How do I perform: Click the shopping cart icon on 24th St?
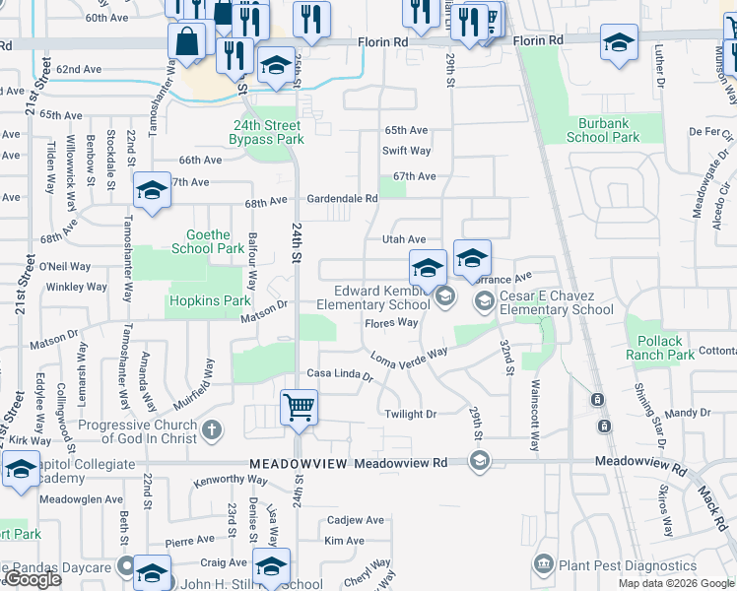click(299, 406)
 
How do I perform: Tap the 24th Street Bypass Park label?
click(267, 132)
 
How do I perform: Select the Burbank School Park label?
click(603, 130)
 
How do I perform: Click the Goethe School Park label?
click(208, 241)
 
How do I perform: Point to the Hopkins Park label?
click(210, 299)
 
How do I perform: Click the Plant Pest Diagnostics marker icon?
click(543, 565)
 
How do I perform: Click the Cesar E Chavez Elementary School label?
click(556, 302)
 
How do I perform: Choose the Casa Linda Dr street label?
click(340, 374)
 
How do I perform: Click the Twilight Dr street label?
click(410, 415)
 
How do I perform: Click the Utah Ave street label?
click(404, 239)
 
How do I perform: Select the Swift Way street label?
click(407, 151)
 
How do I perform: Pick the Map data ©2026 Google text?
click(675, 583)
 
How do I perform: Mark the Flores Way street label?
click(391, 323)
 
